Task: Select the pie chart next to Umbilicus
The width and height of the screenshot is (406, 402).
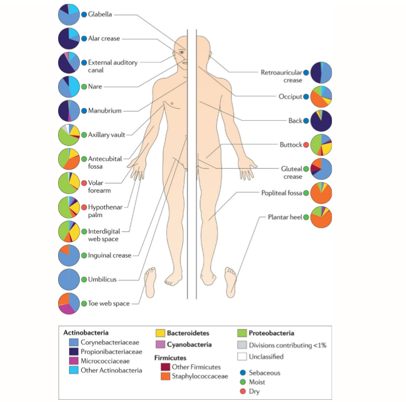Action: [69, 280]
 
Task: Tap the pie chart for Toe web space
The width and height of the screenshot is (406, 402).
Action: [69, 303]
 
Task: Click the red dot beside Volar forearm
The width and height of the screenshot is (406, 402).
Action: [84, 183]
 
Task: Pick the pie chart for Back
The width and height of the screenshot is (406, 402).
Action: [321, 121]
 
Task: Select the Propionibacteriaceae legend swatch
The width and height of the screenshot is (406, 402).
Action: [69, 351]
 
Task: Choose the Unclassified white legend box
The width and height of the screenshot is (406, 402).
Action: [242, 356]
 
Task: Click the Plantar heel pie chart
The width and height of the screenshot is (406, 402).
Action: [321, 217]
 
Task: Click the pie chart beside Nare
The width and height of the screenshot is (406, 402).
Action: [69, 87]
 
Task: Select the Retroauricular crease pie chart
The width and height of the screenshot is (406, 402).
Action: [321, 72]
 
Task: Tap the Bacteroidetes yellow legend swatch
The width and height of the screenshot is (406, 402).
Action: [160, 333]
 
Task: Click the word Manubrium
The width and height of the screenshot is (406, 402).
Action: [105, 111]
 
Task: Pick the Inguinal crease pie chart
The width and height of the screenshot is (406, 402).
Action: [69, 255]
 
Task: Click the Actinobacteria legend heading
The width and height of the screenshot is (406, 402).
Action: [86, 333]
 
